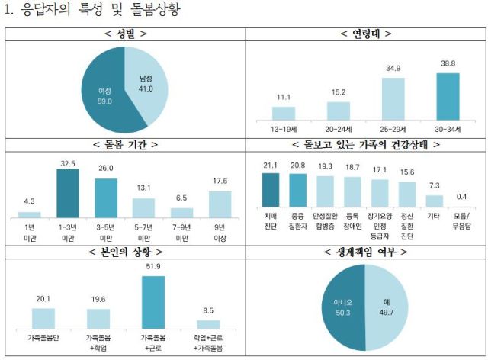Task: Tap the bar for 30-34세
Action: click(x=448, y=96)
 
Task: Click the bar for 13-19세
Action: click(x=283, y=113)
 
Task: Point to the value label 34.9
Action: click(x=393, y=69)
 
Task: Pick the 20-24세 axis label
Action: click(x=338, y=128)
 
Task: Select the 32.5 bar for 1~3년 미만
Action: click(x=67, y=193)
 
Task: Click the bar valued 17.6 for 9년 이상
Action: click(x=220, y=204)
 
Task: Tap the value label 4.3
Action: click(x=29, y=201)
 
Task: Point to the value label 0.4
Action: click(x=461, y=197)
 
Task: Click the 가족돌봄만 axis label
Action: click(x=43, y=336)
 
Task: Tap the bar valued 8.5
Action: click(x=208, y=324)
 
